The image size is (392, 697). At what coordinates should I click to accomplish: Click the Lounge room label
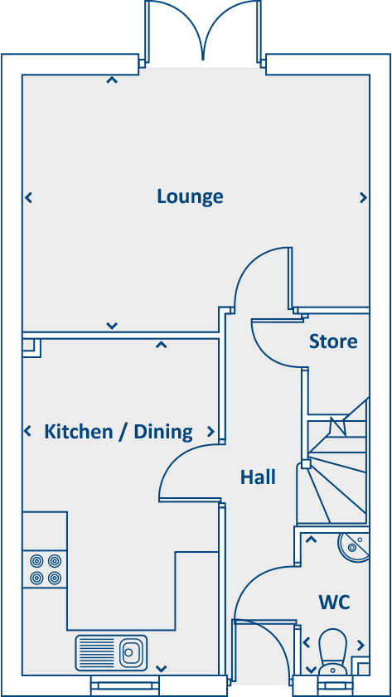tap(190, 197)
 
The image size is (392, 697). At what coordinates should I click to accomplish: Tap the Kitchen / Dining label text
tap(119, 432)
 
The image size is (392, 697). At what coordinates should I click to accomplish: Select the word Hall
tap(258, 477)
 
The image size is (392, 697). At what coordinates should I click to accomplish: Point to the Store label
tap(333, 341)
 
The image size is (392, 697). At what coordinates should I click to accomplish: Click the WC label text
tap(333, 602)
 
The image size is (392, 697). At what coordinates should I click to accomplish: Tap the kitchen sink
tap(111, 652)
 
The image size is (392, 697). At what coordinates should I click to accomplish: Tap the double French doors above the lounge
tap(202, 31)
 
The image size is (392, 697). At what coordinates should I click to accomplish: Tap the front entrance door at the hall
tap(260, 655)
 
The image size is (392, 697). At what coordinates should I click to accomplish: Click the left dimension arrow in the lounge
tap(28, 198)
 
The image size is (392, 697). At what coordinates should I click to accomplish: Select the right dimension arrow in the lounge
tap(363, 198)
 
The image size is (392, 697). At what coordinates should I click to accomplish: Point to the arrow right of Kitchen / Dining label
tap(211, 432)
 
